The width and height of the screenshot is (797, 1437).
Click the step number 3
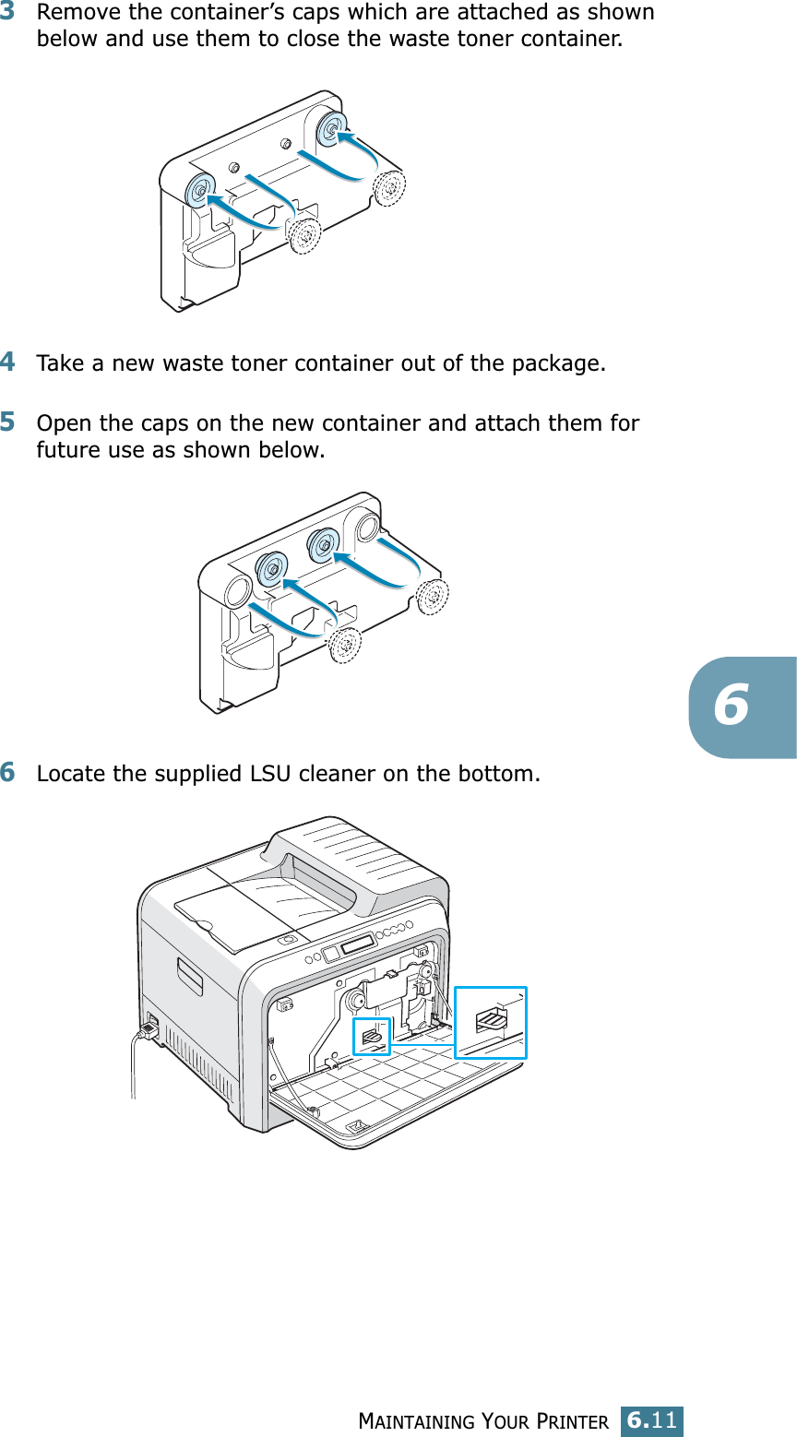tap(8, 13)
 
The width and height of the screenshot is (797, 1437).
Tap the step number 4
tap(8, 362)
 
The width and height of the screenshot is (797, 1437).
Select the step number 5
tap(8, 422)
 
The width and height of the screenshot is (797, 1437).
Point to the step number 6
tap(8, 772)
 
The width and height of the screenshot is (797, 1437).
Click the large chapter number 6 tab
tap(732, 707)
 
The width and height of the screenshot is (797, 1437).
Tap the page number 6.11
tap(651, 1419)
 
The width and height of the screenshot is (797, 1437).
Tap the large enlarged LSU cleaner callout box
tap(491, 1022)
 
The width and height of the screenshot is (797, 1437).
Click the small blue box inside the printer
tap(372, 1037)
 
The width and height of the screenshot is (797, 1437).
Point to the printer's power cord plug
tap(147, 1028)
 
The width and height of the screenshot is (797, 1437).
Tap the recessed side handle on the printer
tap(190, 976)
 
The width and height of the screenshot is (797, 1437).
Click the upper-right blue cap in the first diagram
tap(329, 130)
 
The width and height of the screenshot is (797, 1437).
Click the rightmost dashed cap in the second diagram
tap(431, 595)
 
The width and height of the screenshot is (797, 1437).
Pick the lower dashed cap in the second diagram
tap(344, 645)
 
